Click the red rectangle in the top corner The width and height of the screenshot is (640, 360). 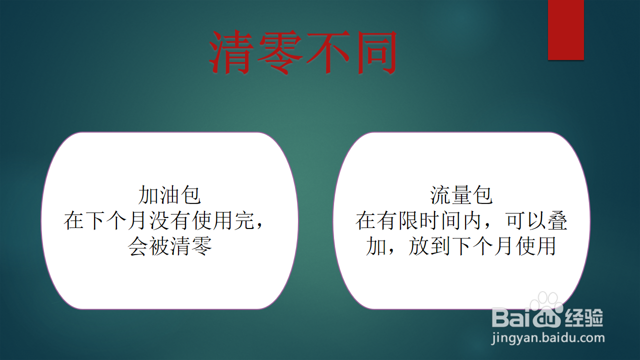coord(565,29)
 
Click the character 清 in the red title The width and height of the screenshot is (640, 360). coord(231,52)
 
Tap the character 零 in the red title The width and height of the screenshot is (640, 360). coord(280,52)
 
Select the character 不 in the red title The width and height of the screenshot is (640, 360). coord(328,52)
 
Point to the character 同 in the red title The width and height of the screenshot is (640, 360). coord(375,52)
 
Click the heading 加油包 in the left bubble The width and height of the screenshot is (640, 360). coord(169,195)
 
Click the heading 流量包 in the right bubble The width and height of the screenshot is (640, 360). coord(461,195)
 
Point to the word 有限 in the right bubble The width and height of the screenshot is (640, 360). coord(398,220)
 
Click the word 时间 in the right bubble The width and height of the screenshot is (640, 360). coord(440,220)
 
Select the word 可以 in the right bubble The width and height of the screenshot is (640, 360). coord(525,220)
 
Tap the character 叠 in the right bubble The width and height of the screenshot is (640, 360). coord(557,220)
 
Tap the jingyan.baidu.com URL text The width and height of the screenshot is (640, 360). coord(547,338)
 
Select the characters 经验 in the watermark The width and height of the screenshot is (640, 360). coord(583,317)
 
